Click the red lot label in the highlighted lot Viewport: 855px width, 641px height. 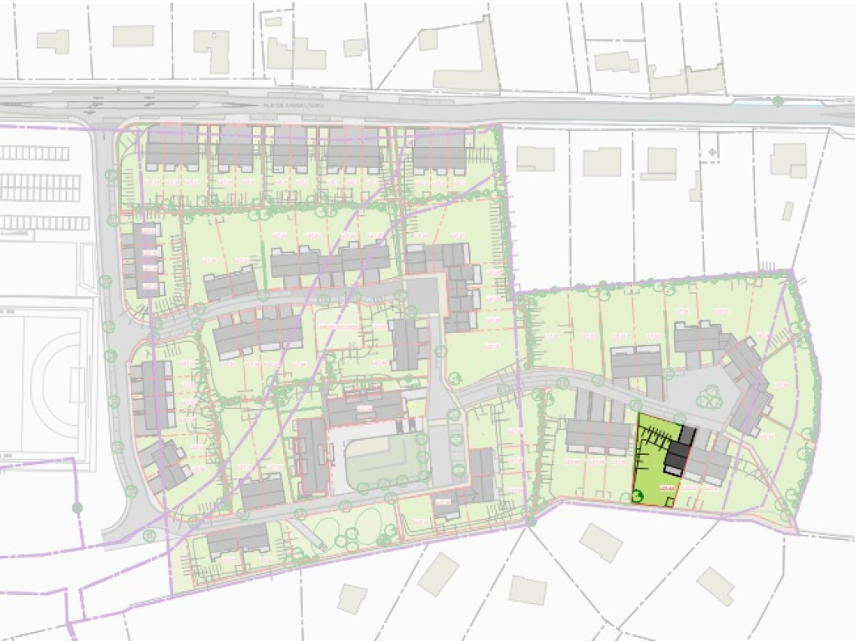665,488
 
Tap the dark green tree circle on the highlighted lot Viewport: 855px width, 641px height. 639,498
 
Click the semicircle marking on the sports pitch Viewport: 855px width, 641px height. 50,384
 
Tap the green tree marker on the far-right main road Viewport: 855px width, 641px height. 777,102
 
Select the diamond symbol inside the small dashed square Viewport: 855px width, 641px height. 712,153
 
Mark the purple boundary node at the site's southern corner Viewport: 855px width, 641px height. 529,522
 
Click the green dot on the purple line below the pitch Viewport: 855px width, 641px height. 77,507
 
